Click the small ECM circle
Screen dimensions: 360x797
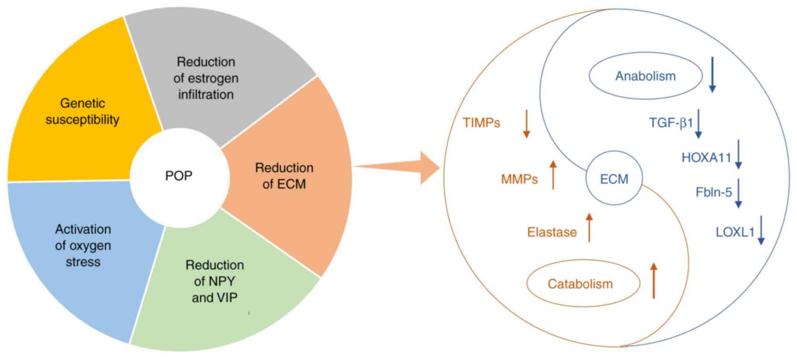[x=614, y=179]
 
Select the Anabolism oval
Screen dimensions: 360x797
[x=645, y=76]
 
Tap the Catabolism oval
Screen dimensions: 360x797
[x=580, y=284]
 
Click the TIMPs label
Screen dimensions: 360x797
[x=481, y=123]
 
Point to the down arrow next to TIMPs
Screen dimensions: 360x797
[x=526, y=124]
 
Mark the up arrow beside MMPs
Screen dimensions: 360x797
[x=553, y=175]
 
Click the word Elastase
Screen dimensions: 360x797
[x=552, y=232]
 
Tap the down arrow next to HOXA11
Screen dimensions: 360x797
[x=739, y=154]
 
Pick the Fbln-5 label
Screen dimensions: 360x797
[x=713, y=192]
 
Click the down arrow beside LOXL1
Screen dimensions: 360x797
[x=761, y=230]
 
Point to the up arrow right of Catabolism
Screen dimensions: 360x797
[x=653, y=280]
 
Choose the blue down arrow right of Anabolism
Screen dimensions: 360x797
[x=712, y=75]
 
